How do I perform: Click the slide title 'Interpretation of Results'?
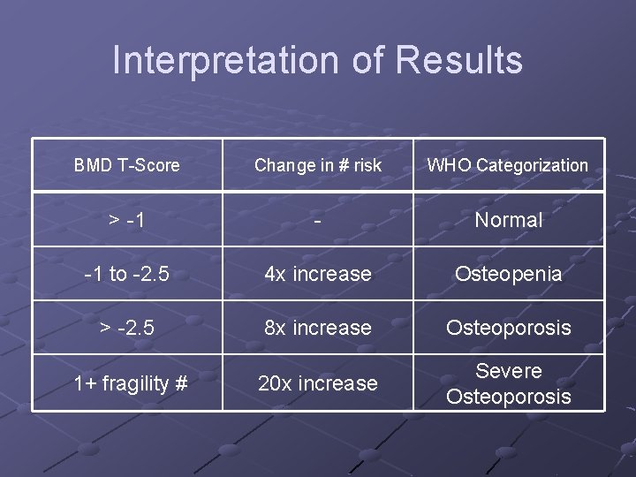tap(318, 60)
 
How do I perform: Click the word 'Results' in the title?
tap(459, 60)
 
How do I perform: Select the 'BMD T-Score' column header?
tap(126, 165)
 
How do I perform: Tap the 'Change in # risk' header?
tap(318, 165)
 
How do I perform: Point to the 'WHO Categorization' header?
tap(508, 165)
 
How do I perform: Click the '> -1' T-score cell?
tap(126, 220)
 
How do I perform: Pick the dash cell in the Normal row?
tap(318, 220)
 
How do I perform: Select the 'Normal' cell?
tap(509, 220)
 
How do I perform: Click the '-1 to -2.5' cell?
tap(126, 274)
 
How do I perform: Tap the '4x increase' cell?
tap(318, 274)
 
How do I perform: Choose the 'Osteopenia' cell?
tap(508, 274)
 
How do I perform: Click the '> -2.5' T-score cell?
tap(126, 328)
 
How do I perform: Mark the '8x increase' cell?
tap(318, 328)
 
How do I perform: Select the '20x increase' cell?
tap(318, 383)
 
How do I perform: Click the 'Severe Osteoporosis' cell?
tap(509, 383)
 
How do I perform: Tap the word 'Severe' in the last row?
tap(509, 371)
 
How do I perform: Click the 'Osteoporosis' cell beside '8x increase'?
tap(509, 328)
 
